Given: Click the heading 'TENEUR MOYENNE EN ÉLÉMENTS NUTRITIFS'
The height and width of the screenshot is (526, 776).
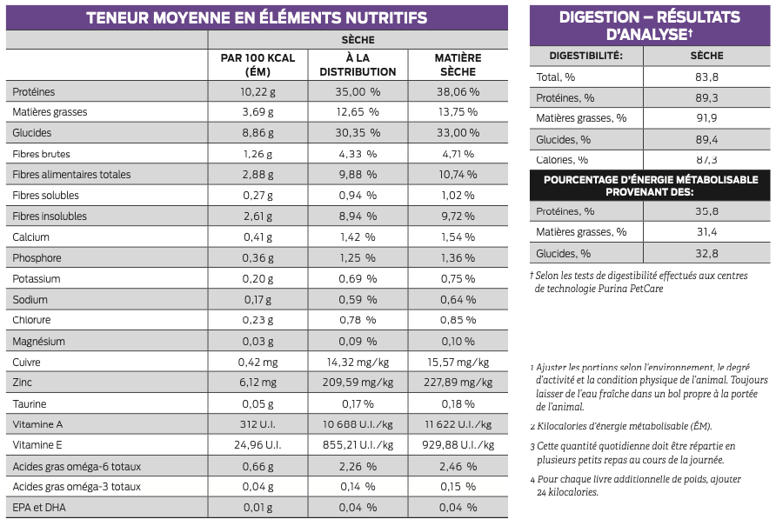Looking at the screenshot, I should click(257, 17).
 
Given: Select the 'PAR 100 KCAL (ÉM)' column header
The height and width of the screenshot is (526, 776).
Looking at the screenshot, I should click(258, 64).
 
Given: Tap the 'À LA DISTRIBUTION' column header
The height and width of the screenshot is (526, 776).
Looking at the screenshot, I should click(358, 64).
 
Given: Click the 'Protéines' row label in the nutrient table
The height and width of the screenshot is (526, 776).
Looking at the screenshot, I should click(34, 91).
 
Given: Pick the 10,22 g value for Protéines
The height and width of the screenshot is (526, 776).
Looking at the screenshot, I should click(258, 91).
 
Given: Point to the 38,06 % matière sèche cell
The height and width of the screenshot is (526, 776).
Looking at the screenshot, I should click(458, 91).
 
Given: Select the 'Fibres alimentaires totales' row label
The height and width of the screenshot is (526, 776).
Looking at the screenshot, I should click(72, 175).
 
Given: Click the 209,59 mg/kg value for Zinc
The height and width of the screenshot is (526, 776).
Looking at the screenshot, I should click(358, 383).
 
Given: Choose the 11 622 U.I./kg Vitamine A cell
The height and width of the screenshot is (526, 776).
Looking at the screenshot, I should click(458, 425).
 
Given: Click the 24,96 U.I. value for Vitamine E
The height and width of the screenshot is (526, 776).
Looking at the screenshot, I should click(258, 446).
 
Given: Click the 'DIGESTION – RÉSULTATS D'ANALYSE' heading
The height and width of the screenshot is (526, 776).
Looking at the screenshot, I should click(649, 25).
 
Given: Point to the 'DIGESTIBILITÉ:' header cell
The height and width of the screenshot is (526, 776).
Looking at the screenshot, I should click(585, 56).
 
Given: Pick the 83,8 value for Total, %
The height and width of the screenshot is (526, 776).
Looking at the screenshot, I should click(706, 77).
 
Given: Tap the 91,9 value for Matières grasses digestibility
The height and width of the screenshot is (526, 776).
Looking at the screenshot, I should click(706, 119).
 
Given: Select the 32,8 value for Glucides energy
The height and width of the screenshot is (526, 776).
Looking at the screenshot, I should click(706, 254).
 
